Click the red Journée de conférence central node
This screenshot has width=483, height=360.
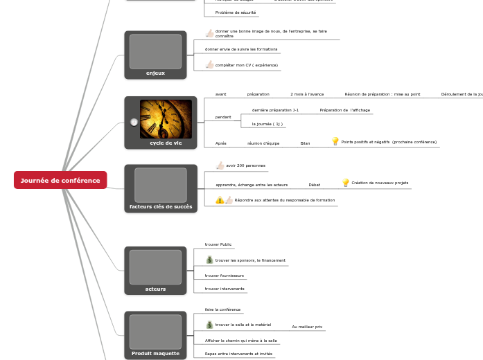coord(60,180)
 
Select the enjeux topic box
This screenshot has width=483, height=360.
coord(155,55)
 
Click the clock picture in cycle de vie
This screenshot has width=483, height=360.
coord(166,118)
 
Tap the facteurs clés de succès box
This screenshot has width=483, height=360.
coord(160,189)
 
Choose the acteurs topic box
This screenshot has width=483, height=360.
coord(155,270)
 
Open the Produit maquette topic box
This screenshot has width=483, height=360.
coord(155,335)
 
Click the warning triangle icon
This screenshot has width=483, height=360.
coord(220,200)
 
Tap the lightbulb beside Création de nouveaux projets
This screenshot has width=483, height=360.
coord(346,183)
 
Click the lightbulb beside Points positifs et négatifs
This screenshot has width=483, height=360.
coord(335,141)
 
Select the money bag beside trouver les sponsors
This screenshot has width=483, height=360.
coord(209,260)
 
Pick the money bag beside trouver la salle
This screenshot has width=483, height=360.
coord(209,324)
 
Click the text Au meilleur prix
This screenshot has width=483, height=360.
coord(307,326)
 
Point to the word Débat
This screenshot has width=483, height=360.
coord(314,185)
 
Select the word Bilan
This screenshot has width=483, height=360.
coord(305,143)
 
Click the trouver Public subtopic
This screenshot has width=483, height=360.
coord(218,244)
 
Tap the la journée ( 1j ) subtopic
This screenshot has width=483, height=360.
coord(267,124)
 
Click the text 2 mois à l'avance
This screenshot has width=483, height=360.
coord(307,93)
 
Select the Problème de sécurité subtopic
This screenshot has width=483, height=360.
coord(235,12)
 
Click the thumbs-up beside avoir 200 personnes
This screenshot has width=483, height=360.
coord(220,165)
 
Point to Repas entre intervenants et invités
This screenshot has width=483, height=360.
coord(238,353)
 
